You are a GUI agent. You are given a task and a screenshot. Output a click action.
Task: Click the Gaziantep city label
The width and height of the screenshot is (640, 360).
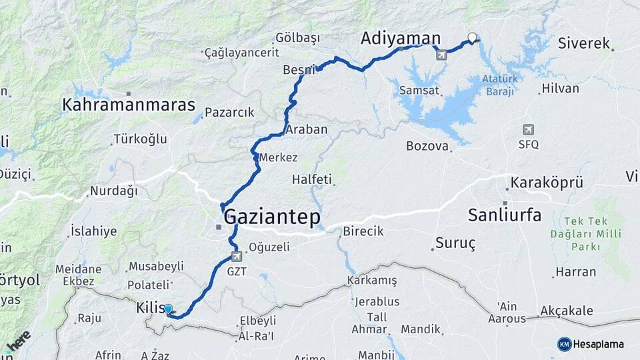(272, 217)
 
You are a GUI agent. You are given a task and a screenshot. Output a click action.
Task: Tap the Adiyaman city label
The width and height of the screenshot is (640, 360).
(401, 38)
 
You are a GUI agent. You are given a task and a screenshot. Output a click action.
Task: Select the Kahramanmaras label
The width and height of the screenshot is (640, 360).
(129, 105)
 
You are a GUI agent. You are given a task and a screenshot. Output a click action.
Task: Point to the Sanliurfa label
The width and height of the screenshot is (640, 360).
(505, 215)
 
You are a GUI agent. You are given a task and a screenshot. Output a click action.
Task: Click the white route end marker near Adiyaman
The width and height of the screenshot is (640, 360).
(473, 37)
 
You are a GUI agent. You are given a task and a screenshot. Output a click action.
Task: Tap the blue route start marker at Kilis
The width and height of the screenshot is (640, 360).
(168, 309)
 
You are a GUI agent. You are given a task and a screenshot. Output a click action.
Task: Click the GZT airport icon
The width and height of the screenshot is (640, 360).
(236, 257)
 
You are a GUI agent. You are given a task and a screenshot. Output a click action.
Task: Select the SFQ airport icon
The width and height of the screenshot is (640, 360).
(529, 129)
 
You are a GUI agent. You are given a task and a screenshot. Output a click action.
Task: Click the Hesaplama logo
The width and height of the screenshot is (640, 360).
(591, 344)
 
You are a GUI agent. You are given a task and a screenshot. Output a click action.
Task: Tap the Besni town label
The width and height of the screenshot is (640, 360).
(298, 69)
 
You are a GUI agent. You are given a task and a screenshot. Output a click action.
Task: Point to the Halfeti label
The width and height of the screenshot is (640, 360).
(312, 179)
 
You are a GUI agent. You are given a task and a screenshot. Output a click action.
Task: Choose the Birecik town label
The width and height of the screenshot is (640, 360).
(363, 232)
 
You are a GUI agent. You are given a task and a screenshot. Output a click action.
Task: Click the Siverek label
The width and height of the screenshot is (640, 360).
(585, 44)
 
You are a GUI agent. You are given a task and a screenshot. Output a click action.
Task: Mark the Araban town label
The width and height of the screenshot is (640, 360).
(306, 129)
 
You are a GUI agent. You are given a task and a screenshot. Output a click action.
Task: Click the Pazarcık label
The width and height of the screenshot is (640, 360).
(229, 113)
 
